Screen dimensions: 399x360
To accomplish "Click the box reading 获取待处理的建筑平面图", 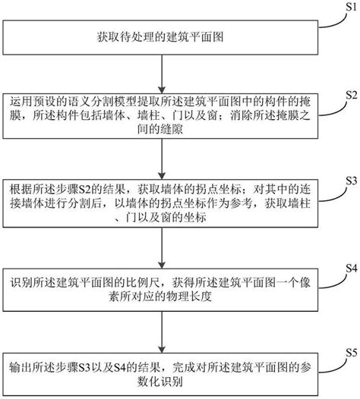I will pos(159,36).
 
